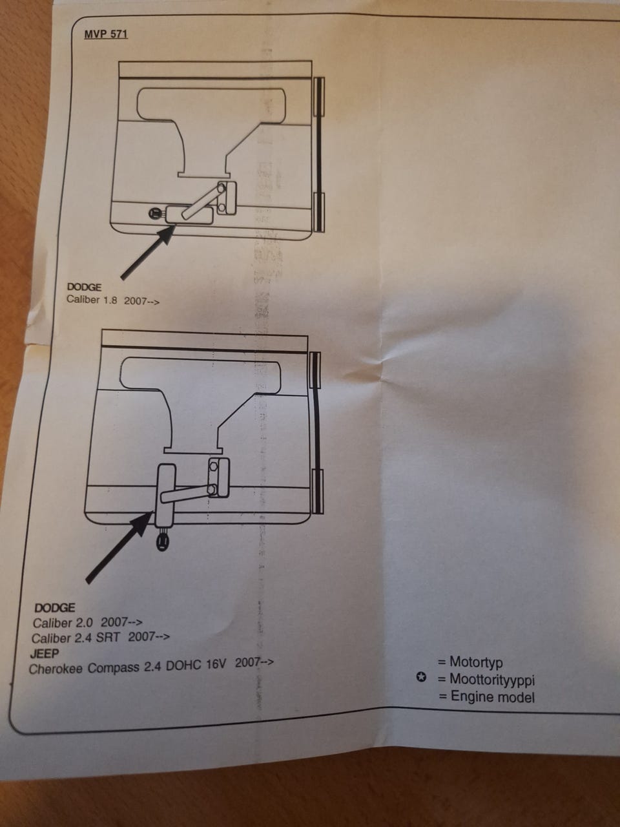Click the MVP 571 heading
(x=106, y=34)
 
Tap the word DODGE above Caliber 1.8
(x=84, y=287)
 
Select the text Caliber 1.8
(x=92, y=300)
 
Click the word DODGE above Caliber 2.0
(x=55, y=608)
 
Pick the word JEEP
(x=45, y=653)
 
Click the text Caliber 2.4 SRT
(x=76, y=638)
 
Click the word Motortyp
(x=476, y=662)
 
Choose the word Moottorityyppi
(x=492, y=680)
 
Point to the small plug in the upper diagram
(x=155, y=213)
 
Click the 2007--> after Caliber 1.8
(x=141, y=301)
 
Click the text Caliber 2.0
(x=63, y=623)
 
